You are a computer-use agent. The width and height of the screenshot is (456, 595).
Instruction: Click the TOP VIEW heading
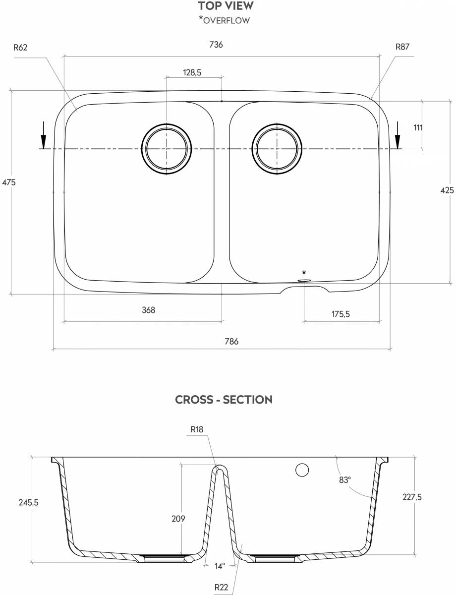coord(226,6)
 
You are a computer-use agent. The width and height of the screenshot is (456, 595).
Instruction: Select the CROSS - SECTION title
coord(224,400)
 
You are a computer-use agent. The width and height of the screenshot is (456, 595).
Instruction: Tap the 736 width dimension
coord(216,45)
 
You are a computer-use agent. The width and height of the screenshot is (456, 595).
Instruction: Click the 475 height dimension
coord(9,182)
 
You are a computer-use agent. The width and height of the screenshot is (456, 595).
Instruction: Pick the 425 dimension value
coord(447,190)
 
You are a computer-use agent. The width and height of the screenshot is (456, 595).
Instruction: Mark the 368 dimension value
coord(148,310)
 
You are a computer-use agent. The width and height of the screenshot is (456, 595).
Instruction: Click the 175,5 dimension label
coord(341,313)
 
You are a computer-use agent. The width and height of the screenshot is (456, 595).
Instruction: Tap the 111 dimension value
coord(418,127)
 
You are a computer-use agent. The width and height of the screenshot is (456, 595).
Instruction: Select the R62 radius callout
coord(20,48)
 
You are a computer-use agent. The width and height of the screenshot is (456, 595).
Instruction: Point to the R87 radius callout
coord(402,47)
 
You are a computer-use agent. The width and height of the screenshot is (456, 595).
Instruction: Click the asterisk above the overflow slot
coord(304,273)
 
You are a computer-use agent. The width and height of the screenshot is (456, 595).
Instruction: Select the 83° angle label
coord(345,479)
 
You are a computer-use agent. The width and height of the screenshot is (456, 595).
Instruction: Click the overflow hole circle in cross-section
coord(301,470)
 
